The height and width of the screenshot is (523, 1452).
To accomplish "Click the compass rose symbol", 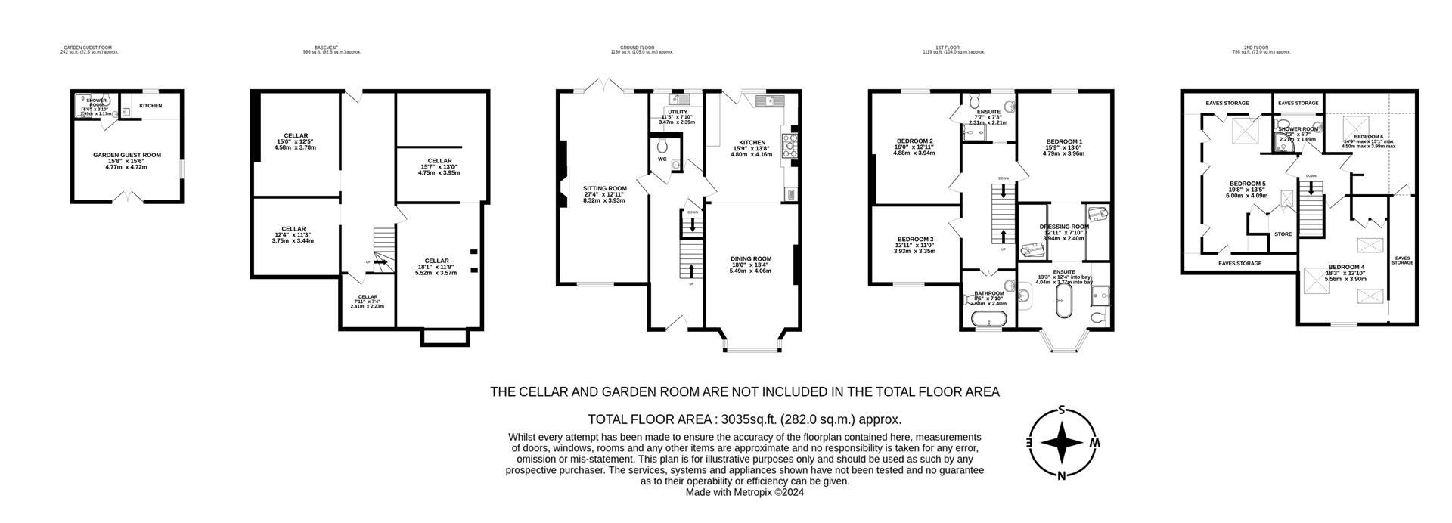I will pyautogui.click(x=1063, y=443).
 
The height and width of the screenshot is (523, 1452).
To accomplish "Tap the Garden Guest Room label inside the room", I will pyautogui.click(x=127, y=155).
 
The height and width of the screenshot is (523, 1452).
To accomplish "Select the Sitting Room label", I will pyautogui.click(x=604, y=189).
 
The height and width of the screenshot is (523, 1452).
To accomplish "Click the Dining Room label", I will pyautogui.click(x=750, y=259).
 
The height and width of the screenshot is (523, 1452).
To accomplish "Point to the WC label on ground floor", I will pyautogui.click(x=662, y=159).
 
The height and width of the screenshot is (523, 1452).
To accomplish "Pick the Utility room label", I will pyautogui.click(x=677, y=112).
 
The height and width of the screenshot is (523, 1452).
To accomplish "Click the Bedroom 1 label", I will pyautogui.click(x=1064, y=142).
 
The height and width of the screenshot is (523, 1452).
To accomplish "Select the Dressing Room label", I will pyautogui.click(x=1064, y=227).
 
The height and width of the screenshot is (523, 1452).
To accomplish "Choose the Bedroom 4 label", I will pyautogui.click(x=1346, y=268).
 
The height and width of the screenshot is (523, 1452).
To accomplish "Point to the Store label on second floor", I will pyautogui.click(x=1283, y=234).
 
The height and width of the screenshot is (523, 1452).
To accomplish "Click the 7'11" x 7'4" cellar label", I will pyautogui.click(x=368, y=297).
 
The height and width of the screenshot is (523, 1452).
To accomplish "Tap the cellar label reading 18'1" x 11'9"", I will pyautogui.click(x=437, y=261).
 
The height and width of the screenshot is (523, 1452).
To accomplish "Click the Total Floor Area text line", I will pyautogui.click(x=744, y=419).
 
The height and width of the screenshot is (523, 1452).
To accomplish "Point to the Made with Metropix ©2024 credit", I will pyautogui.click(x=744, y=492).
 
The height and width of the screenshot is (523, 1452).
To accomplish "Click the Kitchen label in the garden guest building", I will pyautogui.click(x=150, y=106).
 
